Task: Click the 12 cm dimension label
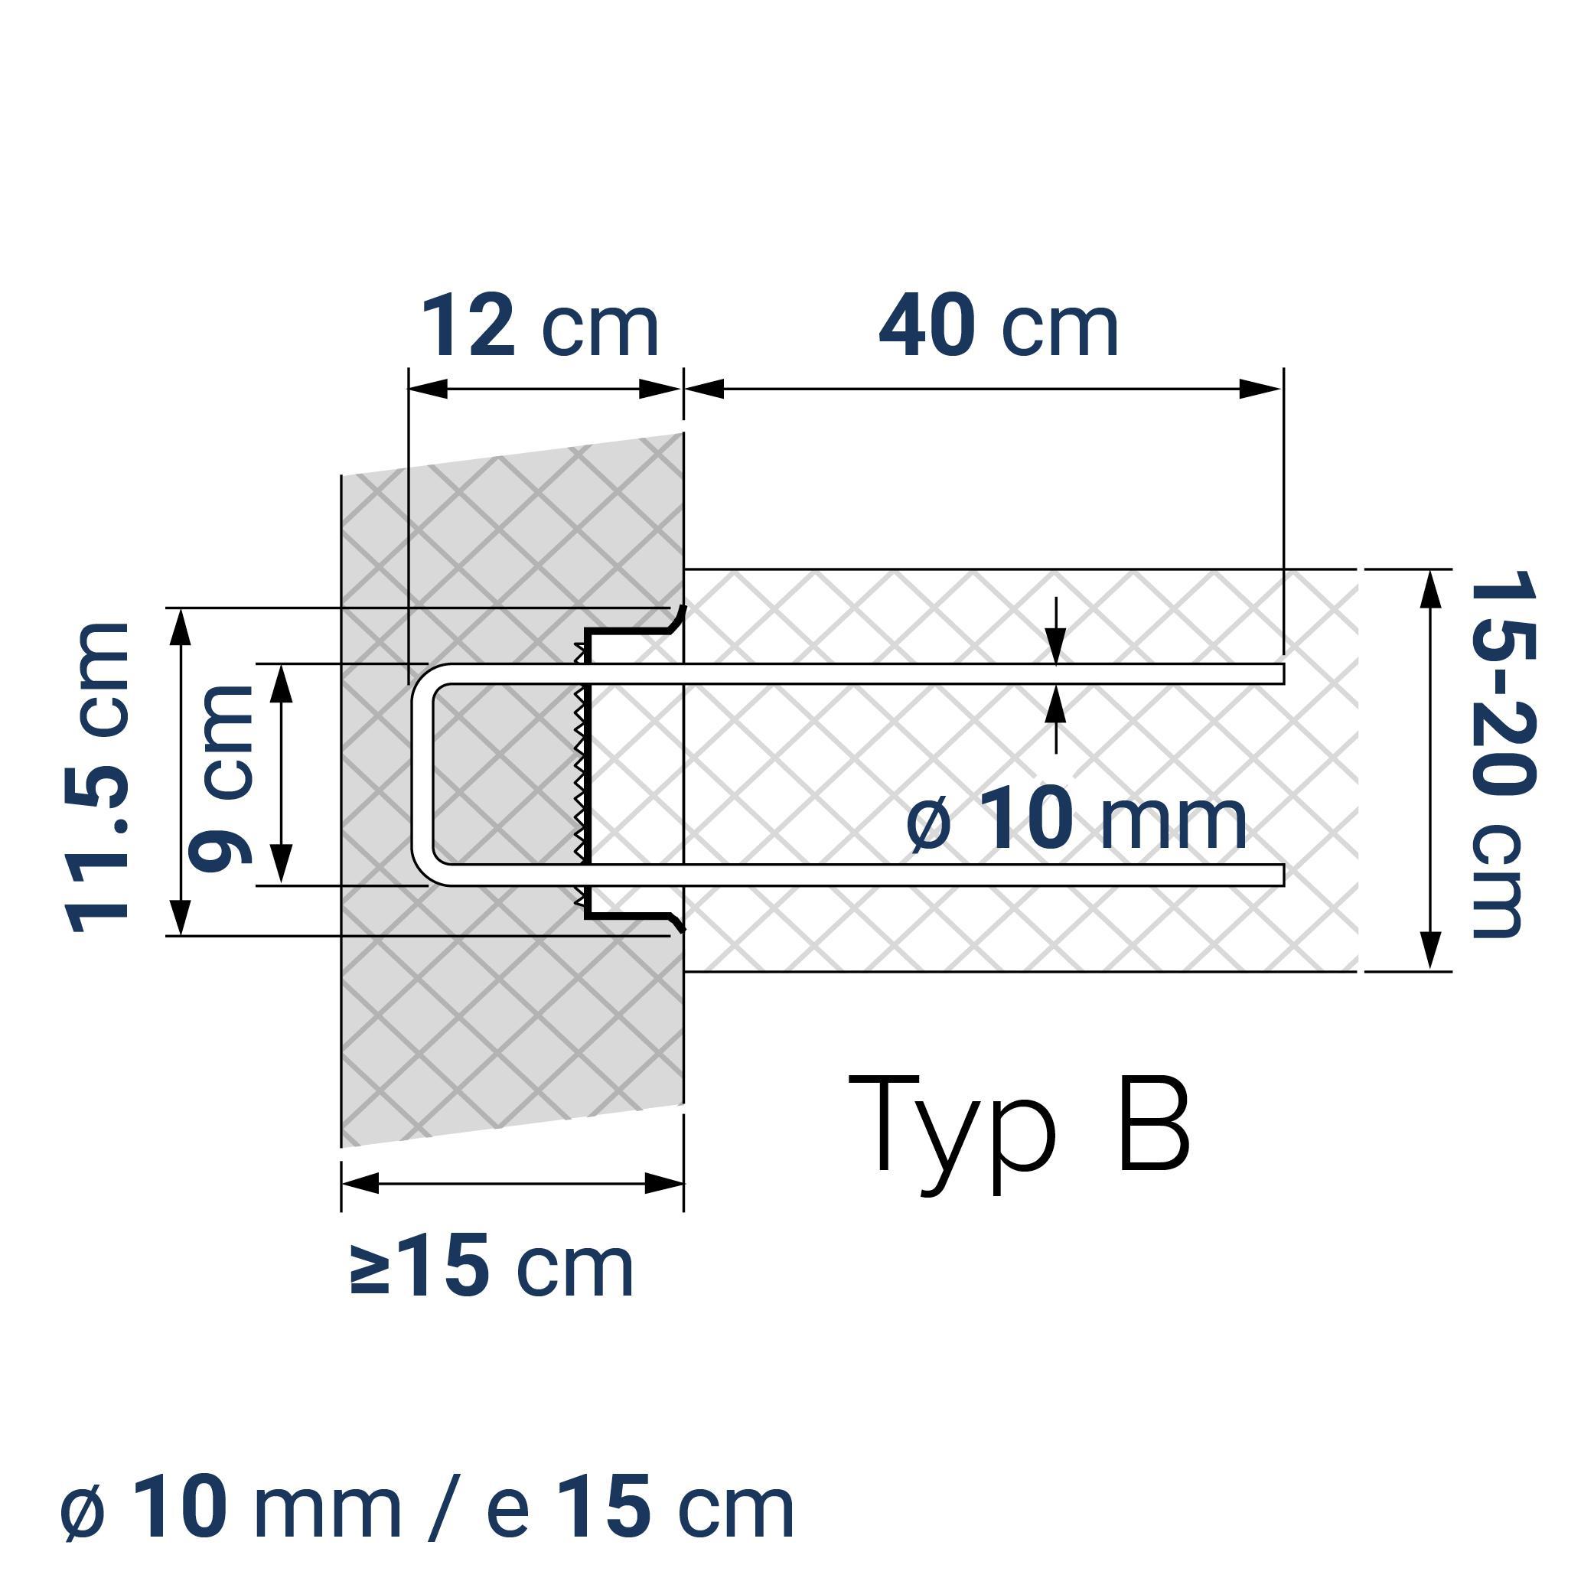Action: click(x=540, y=328)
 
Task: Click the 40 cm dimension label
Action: click(x=999, y=328)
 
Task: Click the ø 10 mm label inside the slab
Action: click(x=1076, y=820)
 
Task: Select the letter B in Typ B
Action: click(x=1153, y=1126)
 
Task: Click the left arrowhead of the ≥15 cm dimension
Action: click(x=360, y=1184)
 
